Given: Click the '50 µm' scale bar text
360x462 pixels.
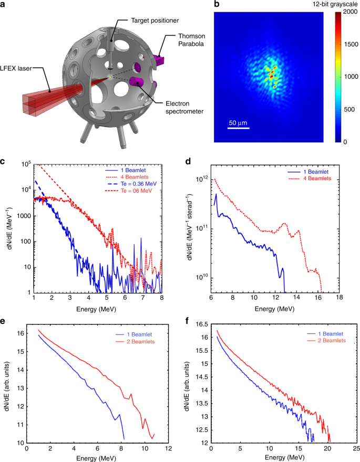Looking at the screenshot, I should pos(238,123).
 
